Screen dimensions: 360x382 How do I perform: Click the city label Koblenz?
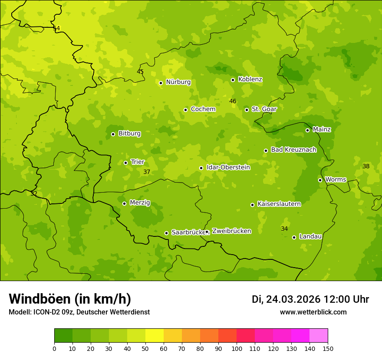[x=250, y=79]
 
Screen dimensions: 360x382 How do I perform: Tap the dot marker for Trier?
[x=125, y=163]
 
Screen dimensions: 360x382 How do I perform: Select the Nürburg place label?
[x=178, y=82]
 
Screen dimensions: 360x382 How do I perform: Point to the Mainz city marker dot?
[x=307, y=130]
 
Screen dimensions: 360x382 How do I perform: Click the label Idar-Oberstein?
[x=228, y=167]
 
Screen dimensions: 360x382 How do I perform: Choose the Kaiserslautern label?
[x=279, y=204]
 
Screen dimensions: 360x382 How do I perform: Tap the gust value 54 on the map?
[x=56, y=28]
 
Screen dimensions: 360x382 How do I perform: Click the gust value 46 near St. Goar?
[x=233, y=101]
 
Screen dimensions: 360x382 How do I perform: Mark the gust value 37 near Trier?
[x=147, y=172]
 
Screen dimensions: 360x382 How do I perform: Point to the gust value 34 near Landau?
[x=284, y=229]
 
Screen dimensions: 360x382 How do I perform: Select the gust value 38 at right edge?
[x=366, y=166]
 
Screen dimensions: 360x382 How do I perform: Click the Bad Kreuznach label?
[x=293, y=150]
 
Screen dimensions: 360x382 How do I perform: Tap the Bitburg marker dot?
[x=113, y=134]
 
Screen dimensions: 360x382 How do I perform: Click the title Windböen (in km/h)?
[x=70, y=299]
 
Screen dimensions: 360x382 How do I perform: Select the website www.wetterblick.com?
[x=313, y=312]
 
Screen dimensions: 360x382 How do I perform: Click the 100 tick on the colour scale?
[x=237, y=348]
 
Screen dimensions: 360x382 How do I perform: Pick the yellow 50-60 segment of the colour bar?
[x=155, y=336]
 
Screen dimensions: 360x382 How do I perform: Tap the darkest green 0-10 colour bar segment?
[x=63, y=336]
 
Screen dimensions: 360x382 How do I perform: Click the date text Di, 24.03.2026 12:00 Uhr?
[x=310, y=299]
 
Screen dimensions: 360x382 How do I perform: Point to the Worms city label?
[x=336, y=179]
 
